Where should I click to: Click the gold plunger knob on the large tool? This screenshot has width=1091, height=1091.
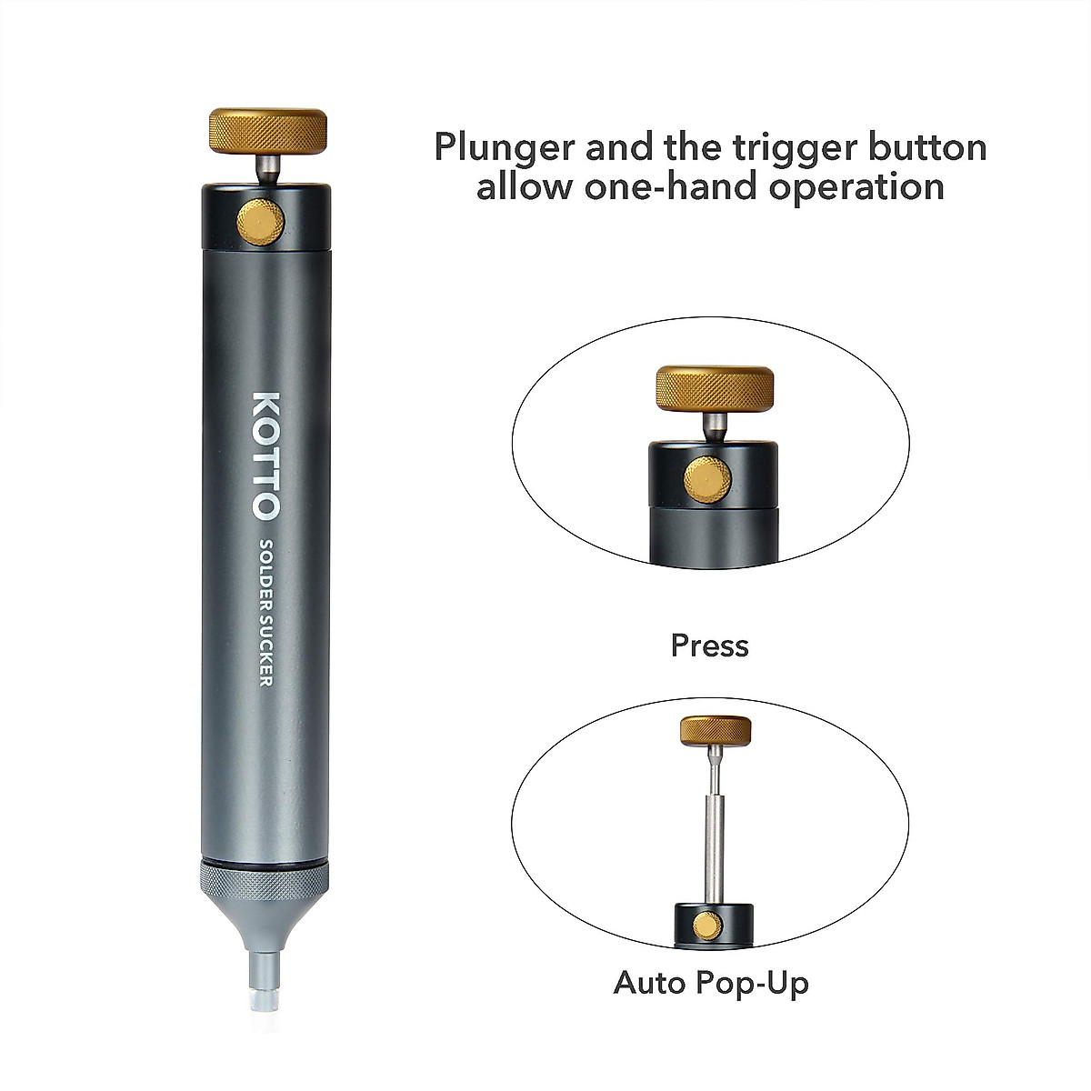[268, 133]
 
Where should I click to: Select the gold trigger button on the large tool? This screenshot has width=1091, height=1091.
[260, 222]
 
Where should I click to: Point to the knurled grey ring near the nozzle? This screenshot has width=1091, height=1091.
[262, 882]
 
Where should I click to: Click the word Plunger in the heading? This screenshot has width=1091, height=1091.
[499, 147]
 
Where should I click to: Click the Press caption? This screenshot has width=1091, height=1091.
[710, 646]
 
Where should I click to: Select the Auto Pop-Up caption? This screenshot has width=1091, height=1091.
[711, 983]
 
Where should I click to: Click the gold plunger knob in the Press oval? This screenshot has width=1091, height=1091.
[715, 388]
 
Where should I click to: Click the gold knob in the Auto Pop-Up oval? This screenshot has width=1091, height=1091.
[716, 729]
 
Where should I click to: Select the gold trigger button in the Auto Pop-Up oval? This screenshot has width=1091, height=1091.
[707, 926]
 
